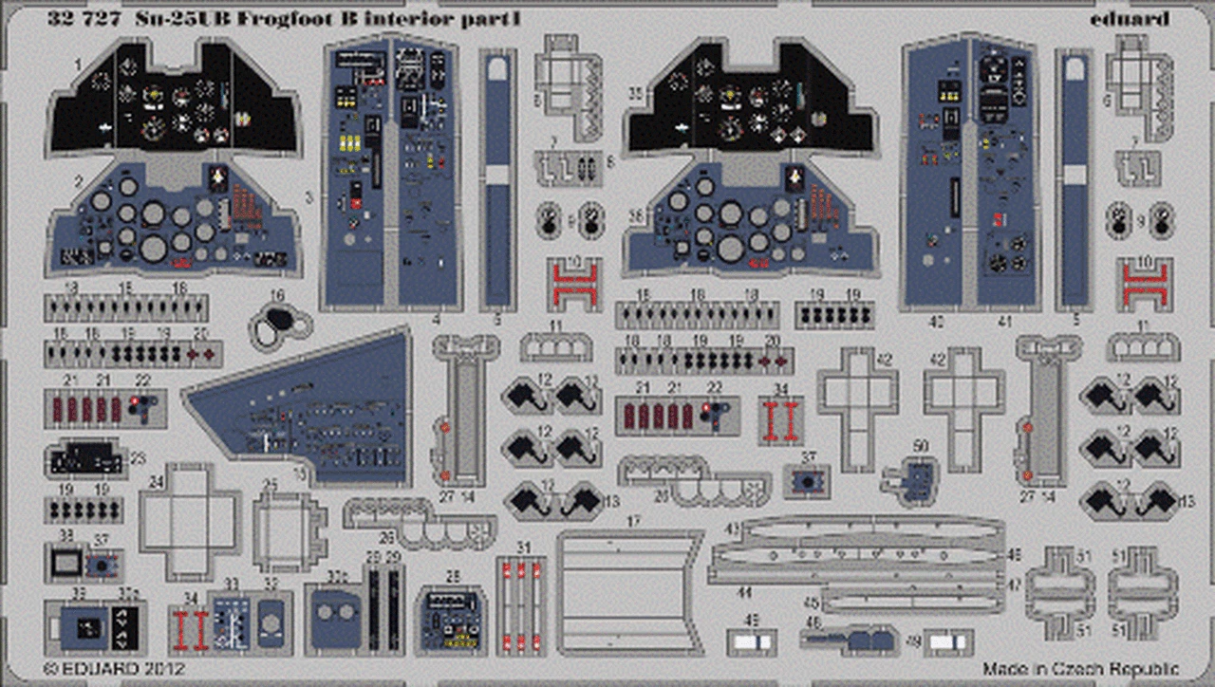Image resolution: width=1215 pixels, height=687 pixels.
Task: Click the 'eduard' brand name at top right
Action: tap(1135, 18)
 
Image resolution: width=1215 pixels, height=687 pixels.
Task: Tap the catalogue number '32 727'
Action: tap(81, 18)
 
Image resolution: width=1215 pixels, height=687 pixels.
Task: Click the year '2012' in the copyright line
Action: tap(138, 669)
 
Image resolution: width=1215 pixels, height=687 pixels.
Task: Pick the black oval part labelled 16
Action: tap(279, 325)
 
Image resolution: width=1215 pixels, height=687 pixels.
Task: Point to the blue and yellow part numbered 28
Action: tap(451, 619)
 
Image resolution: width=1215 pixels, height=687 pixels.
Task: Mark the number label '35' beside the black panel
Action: tap(635, 92)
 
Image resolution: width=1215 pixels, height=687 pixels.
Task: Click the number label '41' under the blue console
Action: tap(1005, 322)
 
